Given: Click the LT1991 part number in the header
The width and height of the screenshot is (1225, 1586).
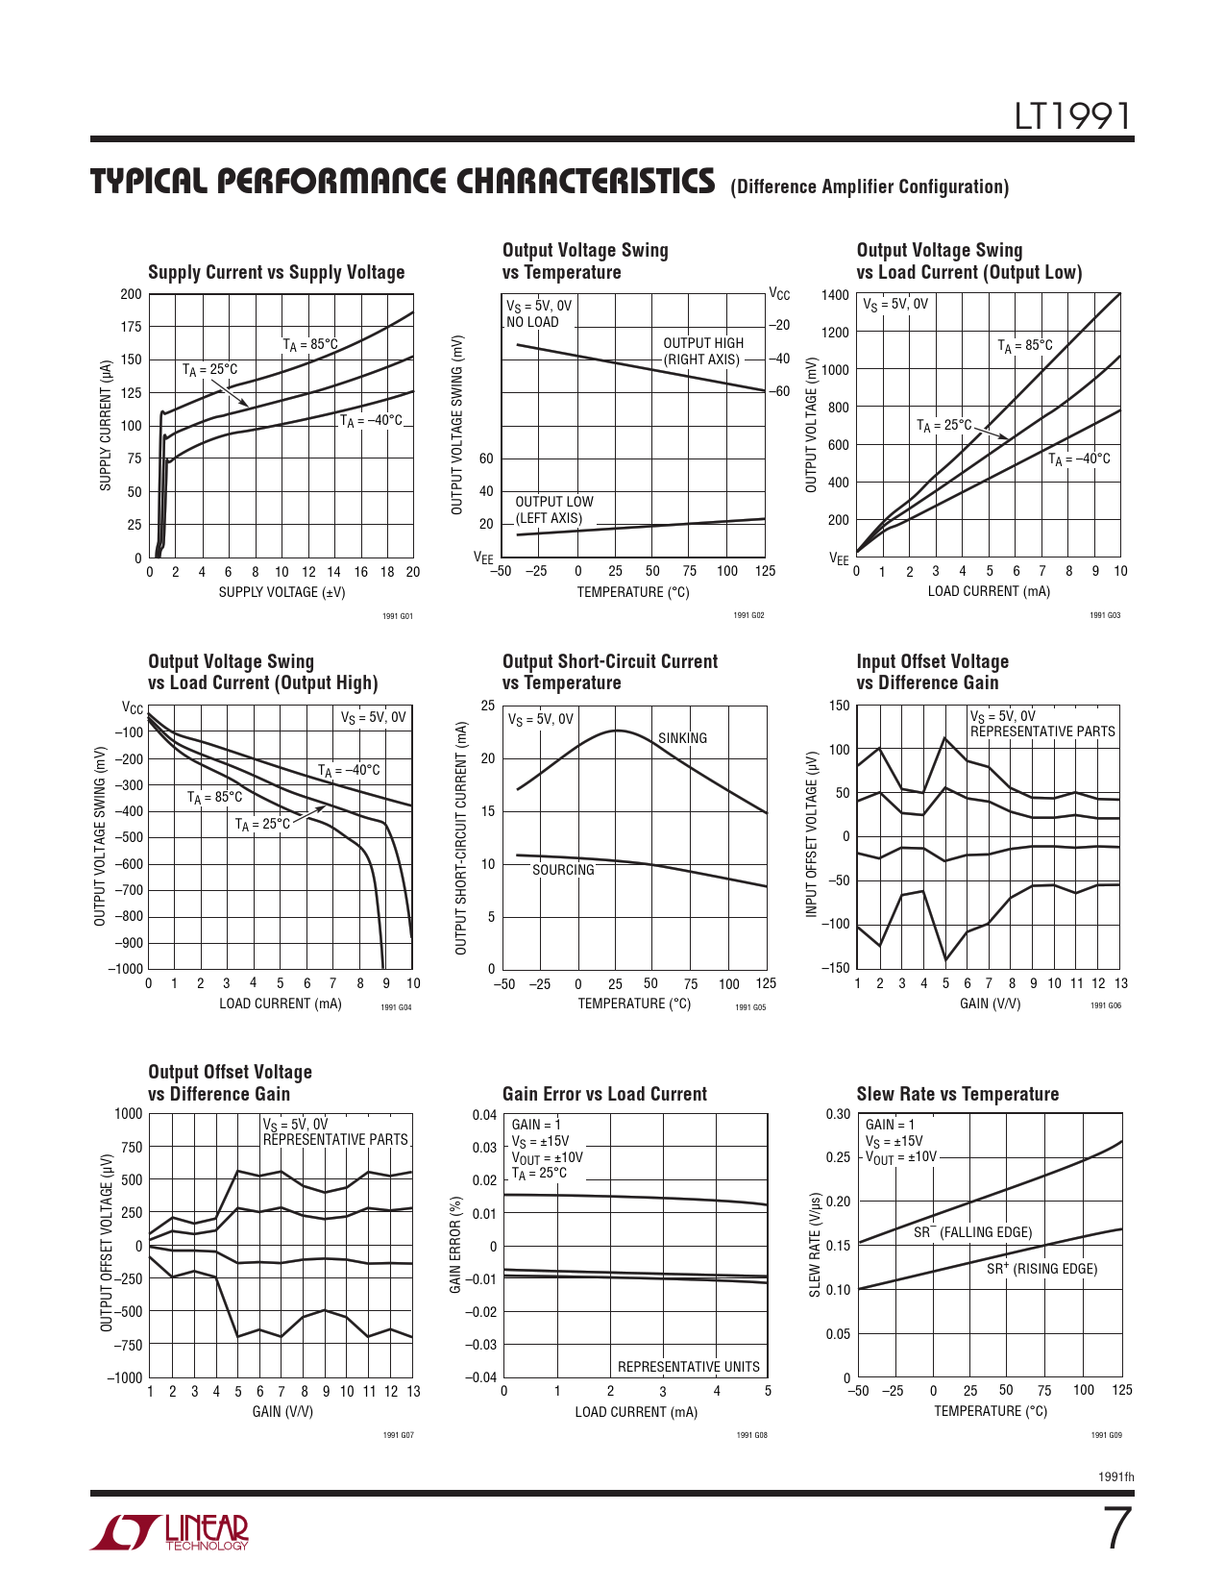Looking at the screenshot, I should (1073, 117).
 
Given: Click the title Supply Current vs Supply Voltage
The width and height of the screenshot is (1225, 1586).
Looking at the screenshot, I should (276, 273).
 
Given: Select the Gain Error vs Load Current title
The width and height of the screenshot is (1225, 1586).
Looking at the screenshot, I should (604, 1095).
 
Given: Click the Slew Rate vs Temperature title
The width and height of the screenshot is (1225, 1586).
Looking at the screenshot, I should (957, 1095).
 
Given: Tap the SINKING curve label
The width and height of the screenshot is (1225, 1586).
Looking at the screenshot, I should (682, 738).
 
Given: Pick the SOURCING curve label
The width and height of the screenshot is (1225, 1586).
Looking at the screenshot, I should (563, 870).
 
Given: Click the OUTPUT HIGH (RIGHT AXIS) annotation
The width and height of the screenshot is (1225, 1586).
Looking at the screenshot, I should (702, 352).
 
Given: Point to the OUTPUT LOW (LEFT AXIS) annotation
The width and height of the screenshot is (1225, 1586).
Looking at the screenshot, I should (553, 510).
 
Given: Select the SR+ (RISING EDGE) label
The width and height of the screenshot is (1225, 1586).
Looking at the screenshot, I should (1041, 1269).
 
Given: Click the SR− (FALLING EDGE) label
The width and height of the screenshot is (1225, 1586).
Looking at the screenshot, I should (972, 1232).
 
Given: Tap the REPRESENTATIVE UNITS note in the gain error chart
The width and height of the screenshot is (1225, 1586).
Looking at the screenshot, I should (688, 1367).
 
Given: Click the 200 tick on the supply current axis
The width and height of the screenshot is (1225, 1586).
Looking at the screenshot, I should (131, 294).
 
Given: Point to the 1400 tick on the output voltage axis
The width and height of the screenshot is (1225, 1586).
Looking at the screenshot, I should (835, 295).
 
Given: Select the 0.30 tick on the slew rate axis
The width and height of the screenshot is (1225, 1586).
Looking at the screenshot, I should (838, 1114).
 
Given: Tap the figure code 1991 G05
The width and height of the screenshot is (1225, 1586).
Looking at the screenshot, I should (749, 1007).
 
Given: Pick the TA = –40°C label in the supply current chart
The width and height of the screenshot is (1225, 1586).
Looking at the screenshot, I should (371, 421).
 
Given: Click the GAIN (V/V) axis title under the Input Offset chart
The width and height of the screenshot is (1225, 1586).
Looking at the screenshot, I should (990, 1004).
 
